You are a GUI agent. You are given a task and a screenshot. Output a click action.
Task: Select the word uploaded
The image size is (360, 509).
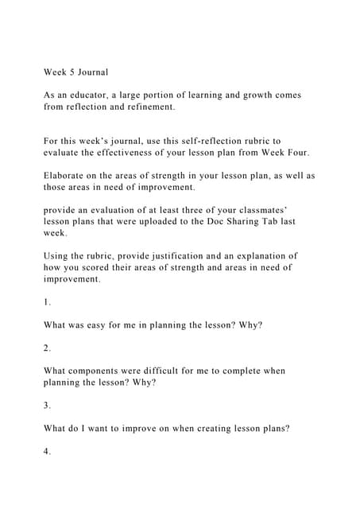pyautogui.click(x=182, y=222)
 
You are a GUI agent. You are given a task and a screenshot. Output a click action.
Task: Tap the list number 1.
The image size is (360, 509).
pyautogui.click(x=47, y=303)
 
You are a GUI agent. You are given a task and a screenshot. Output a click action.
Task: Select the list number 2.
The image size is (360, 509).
pyautogui.click(x=47, y=348)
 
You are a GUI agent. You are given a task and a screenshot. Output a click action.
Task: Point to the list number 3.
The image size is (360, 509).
pyautogui.click(x=47, y=406)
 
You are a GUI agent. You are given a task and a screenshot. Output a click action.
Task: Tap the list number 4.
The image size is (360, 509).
pyautogui.click(x=47, y=452)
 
